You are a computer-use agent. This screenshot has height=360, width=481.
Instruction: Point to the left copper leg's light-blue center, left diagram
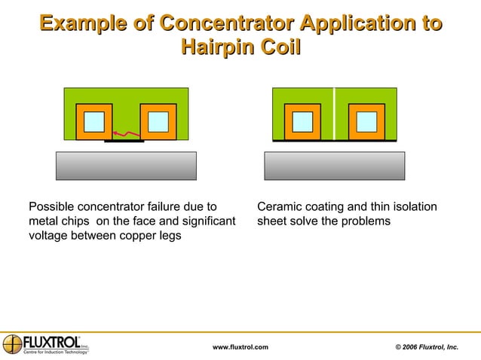click(94, 121)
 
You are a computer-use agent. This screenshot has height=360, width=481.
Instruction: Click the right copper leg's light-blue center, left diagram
click(158, 121)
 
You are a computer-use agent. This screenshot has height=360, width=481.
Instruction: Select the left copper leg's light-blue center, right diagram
click(302, 121)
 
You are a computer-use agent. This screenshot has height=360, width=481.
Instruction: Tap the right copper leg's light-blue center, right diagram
click(367, 121)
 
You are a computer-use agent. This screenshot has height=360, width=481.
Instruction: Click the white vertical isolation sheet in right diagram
click(334, 114)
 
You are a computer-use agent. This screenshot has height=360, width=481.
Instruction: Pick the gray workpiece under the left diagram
click(126, 166)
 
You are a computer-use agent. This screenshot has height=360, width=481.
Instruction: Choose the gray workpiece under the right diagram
click(334, 166)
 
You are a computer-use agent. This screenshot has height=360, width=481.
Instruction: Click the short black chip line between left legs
click(124, 141)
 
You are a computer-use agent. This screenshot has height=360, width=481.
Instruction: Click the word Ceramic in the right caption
click(280, 206)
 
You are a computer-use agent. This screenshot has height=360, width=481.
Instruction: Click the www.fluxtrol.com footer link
click(240, 346)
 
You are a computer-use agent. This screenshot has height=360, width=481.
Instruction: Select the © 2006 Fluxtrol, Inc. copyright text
click(426, 346)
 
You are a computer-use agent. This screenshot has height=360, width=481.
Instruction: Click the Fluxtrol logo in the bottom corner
click(46, 343)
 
